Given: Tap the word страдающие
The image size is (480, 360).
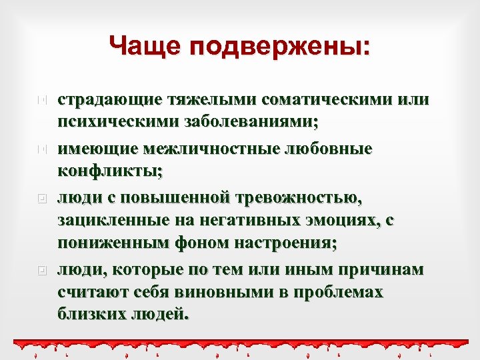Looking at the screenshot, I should pyautogui.click(x=109, y=100).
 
